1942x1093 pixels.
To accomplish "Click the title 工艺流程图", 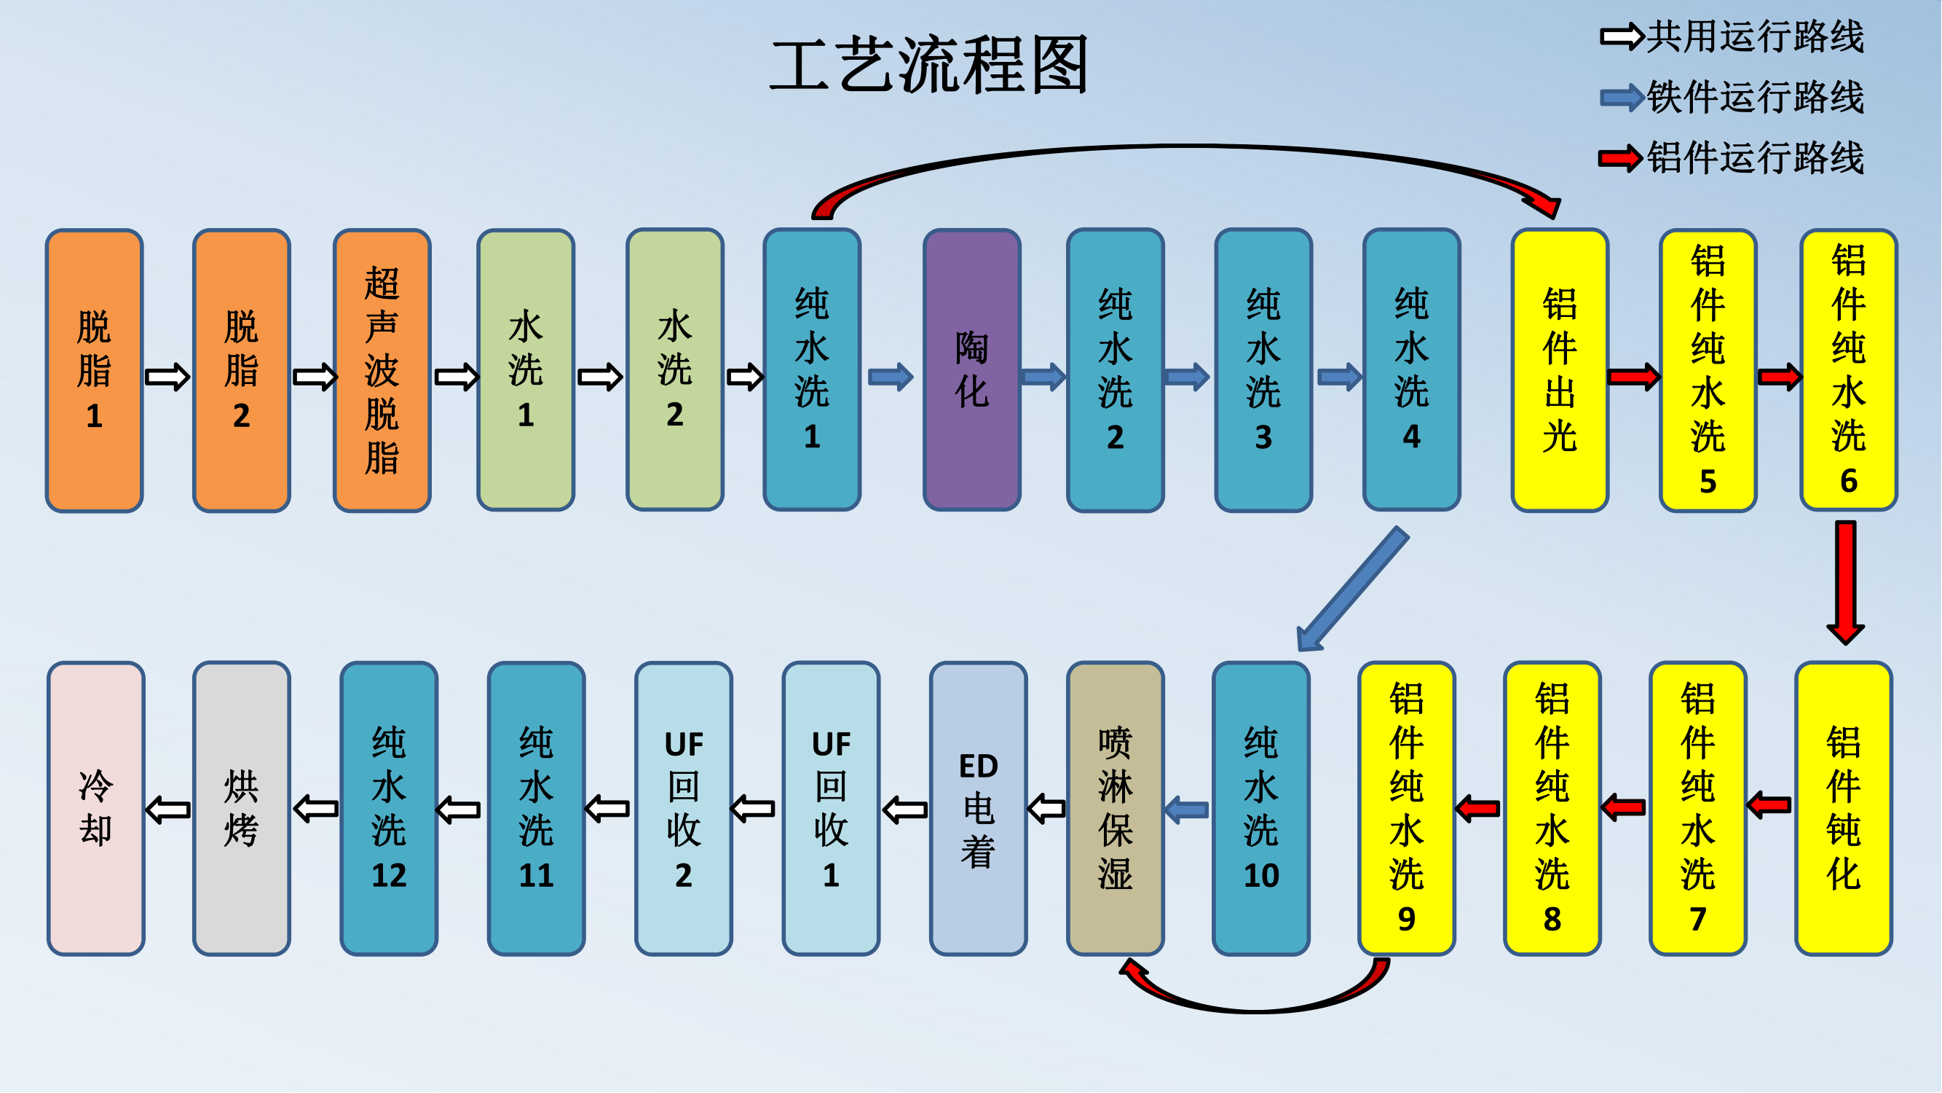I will (x=929, y=66).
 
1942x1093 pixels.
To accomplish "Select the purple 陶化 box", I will (x=972, y=369).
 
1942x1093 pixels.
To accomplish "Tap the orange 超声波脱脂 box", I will (x=382, y=369).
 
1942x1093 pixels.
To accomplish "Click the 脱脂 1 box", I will (x=94, y=369).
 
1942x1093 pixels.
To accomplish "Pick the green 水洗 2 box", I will (x=675, y=369).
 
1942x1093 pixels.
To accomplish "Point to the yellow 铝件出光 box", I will (x=1560, y=369).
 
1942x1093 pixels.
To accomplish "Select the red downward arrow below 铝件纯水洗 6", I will (x=1845, y=581).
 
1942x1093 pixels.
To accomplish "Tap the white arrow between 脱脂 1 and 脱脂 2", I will (x=167, y=377).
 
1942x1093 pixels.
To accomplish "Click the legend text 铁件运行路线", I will (x=1755, y=98).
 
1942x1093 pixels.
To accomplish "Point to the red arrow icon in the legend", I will (x=1620, y=158).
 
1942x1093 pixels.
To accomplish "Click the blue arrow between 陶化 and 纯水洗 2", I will (x=1043, y=377).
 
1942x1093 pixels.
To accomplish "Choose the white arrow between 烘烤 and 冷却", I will (x=167, y=810).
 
